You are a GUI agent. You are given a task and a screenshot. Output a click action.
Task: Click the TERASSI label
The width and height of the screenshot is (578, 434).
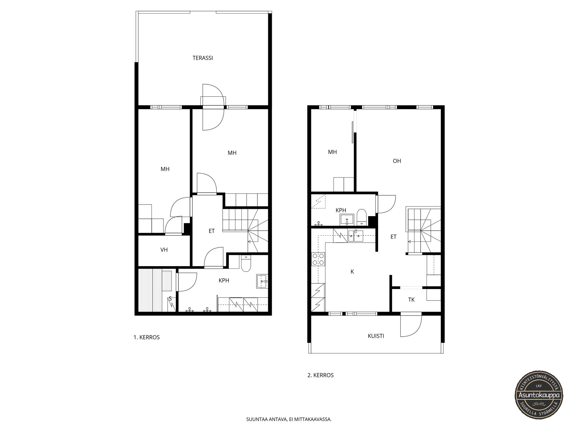pos(203,58)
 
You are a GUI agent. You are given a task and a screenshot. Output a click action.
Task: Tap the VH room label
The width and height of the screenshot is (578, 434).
pos(164,250)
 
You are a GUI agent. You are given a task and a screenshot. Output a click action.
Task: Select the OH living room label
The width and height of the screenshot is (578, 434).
pos(397,161)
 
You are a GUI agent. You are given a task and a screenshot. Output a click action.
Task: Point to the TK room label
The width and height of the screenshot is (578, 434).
pos(411,300)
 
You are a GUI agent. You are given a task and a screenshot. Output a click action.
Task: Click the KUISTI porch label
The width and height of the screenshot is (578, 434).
pos(376,336)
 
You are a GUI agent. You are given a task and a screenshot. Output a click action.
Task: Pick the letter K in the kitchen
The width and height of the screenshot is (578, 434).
pos(352,272)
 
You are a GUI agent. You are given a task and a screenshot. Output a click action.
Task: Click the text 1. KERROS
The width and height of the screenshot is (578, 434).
pos(147,337)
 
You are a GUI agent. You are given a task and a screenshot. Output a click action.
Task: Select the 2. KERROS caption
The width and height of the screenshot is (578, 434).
pos(320,375)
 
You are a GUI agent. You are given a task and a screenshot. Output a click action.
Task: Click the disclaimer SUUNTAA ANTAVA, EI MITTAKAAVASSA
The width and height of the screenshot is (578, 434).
pos(289,419)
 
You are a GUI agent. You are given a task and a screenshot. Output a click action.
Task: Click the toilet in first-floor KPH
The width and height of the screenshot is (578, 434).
pos(246,263)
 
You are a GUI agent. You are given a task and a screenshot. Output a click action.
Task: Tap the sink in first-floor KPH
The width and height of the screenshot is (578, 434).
pos(262,281)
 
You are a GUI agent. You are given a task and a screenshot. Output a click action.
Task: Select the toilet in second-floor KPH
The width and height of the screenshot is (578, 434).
pos(361,217)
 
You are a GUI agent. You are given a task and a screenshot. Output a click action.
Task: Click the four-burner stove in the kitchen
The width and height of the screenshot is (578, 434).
pos(318,259)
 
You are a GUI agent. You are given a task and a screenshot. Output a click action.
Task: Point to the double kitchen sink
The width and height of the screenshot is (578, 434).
pos(356,236)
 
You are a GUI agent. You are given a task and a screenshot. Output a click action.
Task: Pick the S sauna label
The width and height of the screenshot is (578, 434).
pos(170,299)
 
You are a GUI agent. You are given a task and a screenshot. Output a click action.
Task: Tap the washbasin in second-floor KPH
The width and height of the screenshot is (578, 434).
pos(347,220)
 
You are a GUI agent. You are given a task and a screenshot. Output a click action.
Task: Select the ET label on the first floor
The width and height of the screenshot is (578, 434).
pos(212,231)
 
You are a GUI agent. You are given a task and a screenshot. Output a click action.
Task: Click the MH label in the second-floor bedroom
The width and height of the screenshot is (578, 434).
pos(332,152)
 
